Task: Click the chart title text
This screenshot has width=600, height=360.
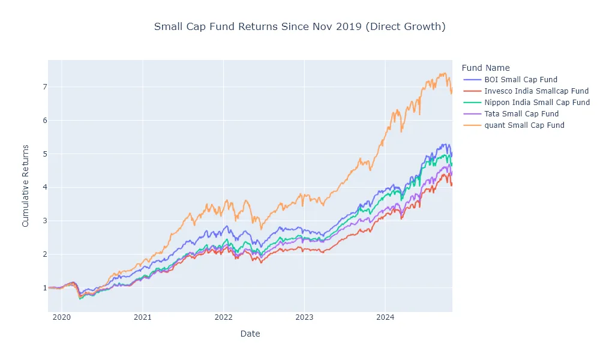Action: click(299, 27)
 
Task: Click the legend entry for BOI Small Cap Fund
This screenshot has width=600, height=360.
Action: click(520, 80)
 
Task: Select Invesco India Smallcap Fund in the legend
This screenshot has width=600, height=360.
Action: click(536, 91)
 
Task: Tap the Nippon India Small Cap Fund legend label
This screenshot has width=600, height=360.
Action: click(536, 103)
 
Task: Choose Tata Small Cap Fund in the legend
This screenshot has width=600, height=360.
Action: click(521, 114)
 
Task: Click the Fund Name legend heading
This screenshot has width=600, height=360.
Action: click(485, 68)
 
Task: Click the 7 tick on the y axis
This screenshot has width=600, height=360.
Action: click(44, 87)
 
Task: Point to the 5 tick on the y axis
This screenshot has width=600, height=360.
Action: click(44, 154)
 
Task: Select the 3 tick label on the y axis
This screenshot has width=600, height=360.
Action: click(44, 221)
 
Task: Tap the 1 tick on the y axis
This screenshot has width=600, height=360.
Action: click(44, 288)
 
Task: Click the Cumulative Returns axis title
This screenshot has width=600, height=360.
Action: click(25, 185)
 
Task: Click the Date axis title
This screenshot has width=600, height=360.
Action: click(250, 334)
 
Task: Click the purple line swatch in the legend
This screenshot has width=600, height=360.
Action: click(472, 114)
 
